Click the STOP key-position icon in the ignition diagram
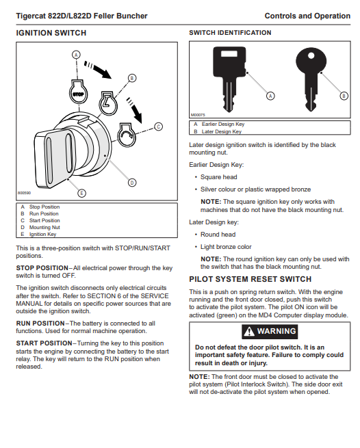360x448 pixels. click(78, 92)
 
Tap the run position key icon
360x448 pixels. click(108, 103)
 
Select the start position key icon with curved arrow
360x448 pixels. click(127, 135)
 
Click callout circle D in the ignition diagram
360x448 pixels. click(132, 183)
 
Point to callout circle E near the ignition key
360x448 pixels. click(81, 193)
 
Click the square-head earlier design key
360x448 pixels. click(229, 79)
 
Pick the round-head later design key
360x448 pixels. click(311, 79)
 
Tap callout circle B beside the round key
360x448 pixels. click(344, 96)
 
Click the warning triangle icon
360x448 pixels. click(249, 332)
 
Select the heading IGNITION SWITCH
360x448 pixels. click(51, 33)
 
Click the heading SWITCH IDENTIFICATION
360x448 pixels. click(230, 33)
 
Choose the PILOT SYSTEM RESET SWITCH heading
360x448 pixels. click(250, 279)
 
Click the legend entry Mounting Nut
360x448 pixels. click(44, 228)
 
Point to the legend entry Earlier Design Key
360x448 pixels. click(223, 124)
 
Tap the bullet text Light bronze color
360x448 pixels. click(226, 247)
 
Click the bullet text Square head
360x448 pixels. click(219, 177)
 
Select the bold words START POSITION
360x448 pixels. click(44, 343)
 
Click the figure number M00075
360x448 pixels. click(198, 115)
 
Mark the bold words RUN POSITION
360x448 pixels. click(40, 324)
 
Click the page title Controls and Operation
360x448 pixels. click(307, 16)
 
